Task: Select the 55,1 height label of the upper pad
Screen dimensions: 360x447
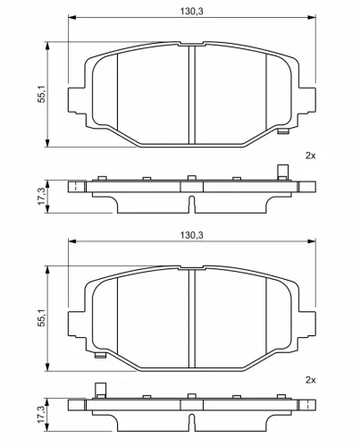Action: coord(42,94)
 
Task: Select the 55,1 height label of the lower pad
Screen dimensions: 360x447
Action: coord(42,317)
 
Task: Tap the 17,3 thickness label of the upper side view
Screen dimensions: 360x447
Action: coord(42,196)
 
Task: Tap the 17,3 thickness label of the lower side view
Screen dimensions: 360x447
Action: coord(42,415)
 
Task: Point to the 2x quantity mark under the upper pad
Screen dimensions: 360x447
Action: coord(310,156)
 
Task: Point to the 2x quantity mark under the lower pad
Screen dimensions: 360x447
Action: coord(310,380)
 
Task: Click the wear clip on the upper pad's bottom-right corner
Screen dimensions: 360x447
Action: coord(282,131)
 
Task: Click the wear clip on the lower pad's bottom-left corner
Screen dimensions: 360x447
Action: coord(100,355)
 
